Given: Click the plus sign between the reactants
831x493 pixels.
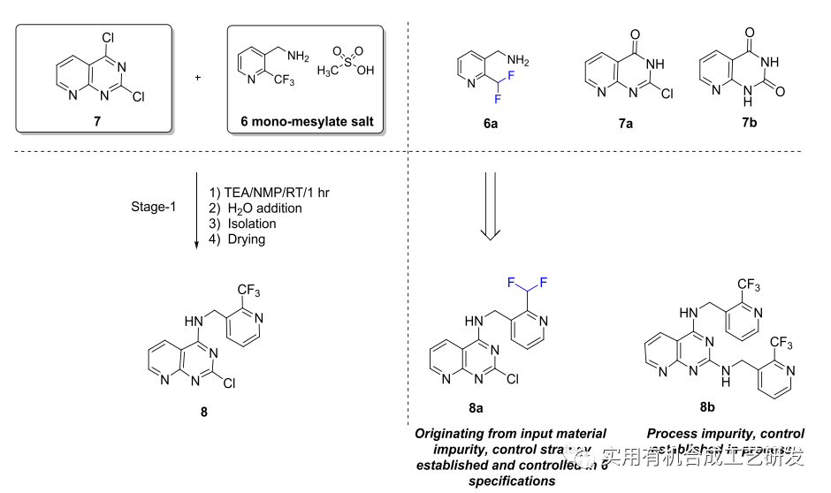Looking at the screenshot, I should [x=197, y=77].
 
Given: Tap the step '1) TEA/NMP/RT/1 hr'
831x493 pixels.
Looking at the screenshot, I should [x=264, y=192].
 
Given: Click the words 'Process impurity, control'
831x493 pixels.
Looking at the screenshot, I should [x=725, y=434].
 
